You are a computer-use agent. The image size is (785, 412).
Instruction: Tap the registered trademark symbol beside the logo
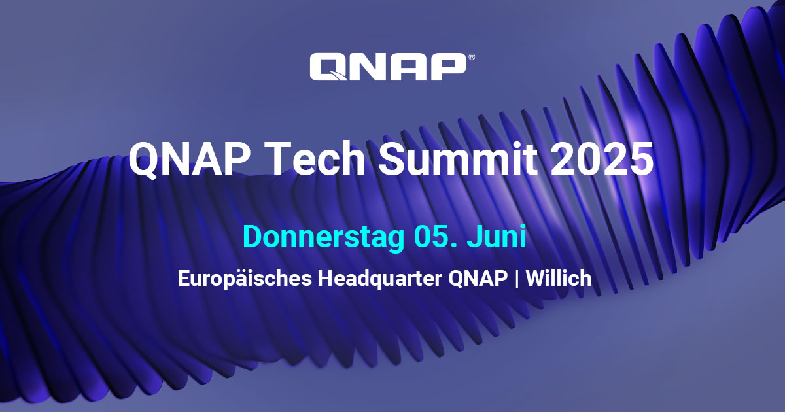click(472, 58)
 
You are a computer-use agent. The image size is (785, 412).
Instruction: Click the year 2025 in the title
click(602, 159)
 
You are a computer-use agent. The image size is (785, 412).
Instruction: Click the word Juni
click(497, 237)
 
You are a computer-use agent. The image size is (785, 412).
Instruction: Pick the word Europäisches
click(245, 279)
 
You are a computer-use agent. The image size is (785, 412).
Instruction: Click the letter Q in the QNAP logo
click(328, 67)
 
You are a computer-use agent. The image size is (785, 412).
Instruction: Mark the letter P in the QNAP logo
click(448, 67)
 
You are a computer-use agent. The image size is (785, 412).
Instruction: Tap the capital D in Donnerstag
click(253, 237)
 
